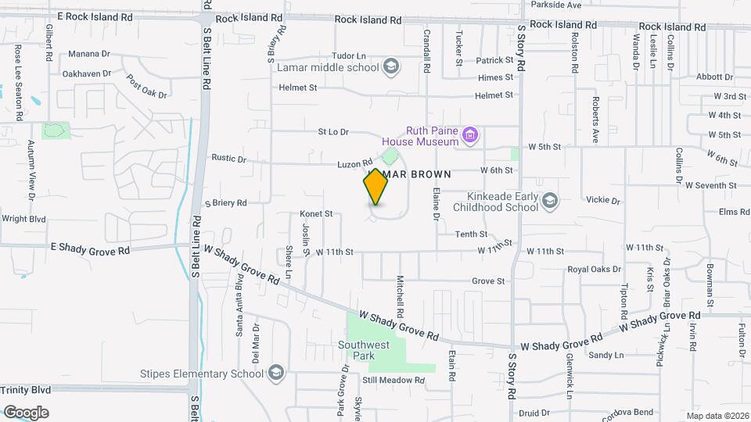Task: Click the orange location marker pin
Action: (x=375, y=186)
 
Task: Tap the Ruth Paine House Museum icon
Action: (x=469, y=136)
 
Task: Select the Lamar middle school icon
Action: (x=390, y=67)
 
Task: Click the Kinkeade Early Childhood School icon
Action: (x=550, y=202)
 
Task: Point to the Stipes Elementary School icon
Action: (x=275, y=373)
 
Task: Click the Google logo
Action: (x=26, y=412)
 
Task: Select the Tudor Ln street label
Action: (x=349, y=55)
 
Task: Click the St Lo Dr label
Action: (x=332, y=132)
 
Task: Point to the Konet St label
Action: (x=316, y=213)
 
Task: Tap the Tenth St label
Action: (x=472, y=234)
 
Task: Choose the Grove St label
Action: (x=488, y=281)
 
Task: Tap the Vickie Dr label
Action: (x=605, y=201)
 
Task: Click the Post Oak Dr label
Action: (x=147, y=87)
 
